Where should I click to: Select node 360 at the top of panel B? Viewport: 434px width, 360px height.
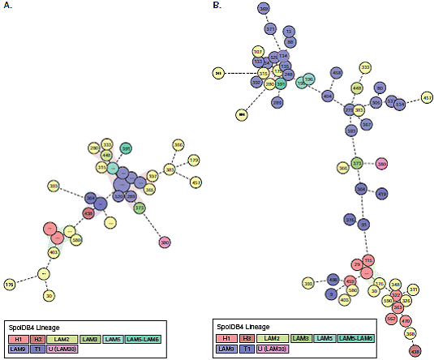click(x=264, y=9)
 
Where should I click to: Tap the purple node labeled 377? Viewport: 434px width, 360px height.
click(x=270, y=28)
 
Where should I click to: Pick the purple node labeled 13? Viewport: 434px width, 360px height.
click(x=289, y=31)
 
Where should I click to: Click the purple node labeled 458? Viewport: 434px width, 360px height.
click(x=336, y=72)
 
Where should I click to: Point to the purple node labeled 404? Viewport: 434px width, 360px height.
click(x=328, y=96)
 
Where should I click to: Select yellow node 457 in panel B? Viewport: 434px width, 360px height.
click(x=427, y=98)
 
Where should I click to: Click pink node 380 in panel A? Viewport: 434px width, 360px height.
click(x=165, y=242)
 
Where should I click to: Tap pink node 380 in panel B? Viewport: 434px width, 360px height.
click(x=382, y=163)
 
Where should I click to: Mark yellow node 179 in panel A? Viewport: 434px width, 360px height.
click(x=194, y=160)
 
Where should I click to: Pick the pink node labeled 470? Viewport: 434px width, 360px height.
click(x=406, y=320)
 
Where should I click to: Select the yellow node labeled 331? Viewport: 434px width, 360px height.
click(x=413, y=289)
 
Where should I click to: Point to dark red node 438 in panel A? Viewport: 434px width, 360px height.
click(x=88, y=213)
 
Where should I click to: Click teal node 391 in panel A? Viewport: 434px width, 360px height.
click(x=126, y=148)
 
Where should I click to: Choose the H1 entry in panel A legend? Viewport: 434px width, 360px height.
click(x=18, y=338)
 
